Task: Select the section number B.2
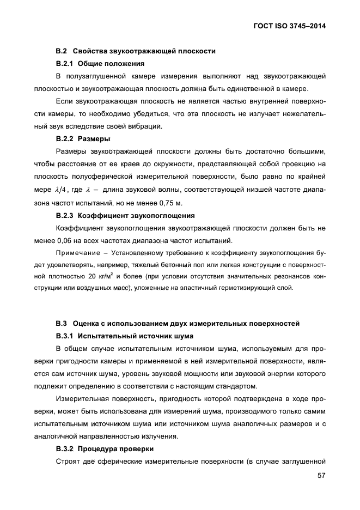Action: [61, 51]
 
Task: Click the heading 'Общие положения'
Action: [107, 63]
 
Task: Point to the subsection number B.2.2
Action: [65, 138]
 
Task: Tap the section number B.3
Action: [61, 323]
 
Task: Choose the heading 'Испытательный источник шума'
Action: [136, 335]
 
